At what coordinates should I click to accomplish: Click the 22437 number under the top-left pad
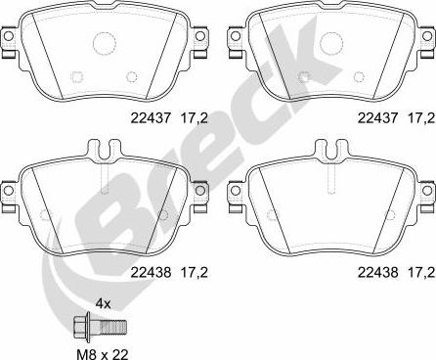click(x=151, y=118)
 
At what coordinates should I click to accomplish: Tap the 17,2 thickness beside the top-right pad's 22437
click(x=421, y=118)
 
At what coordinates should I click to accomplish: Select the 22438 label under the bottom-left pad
click(x=151, y=272)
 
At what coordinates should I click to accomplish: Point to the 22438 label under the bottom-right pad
click(x=377, y=272)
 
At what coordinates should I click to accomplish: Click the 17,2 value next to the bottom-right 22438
click(x=421, y=272)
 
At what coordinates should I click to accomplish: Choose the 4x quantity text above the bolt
click(x=103, y=304)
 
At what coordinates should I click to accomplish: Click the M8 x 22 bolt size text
click(x=103, y=354)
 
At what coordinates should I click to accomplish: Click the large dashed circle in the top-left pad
click(x=105, y=43)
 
